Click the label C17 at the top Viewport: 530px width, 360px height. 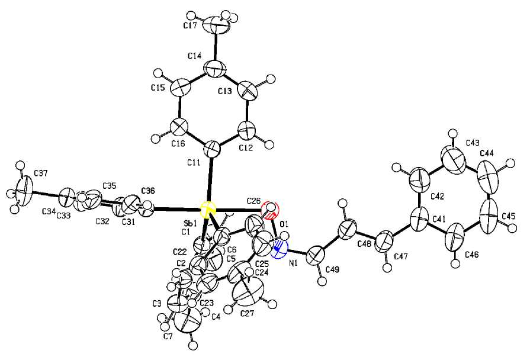pyautogui.click(x=190, y=27)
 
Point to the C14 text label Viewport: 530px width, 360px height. pyautogui.click(x=195, y=55)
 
